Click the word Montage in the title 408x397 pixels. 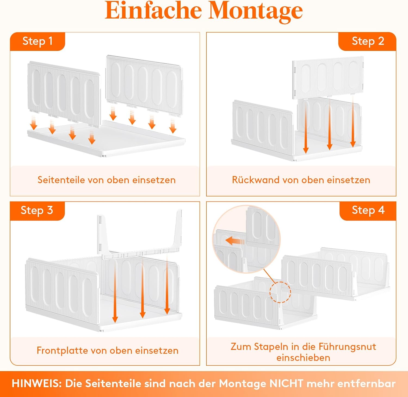pyautogui.click(x=256, y=12)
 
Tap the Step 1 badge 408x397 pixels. pyautogui.click(x=38, y=41)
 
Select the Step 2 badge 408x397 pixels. pyautogui.click(x=367, y=41)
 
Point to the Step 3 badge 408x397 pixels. pyautogui.click(x=37, y=211)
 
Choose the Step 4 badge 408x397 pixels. pyautogui.click(x=368, y=210)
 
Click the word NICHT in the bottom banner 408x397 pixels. pyautogui.click(x=286, y=383)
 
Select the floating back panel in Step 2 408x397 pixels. pyautogui.click(x=328, y=77)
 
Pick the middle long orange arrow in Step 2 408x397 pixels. pyautogui.click(x=329, y=124)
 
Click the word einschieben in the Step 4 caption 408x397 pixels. pyautogui.click(x=303, y=358)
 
